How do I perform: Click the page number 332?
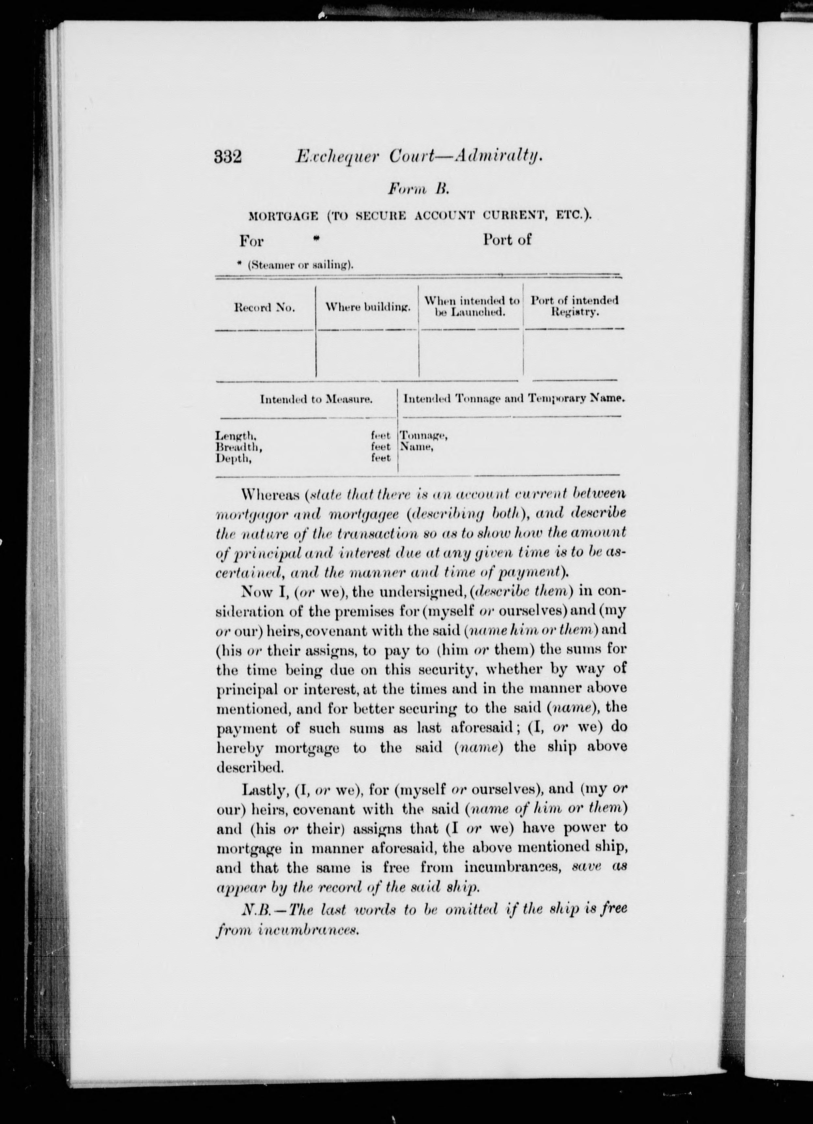pyautogui.click(x=228, y=157)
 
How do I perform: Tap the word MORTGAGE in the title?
pyautogui.click(x=283, y=216)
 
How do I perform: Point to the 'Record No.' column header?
pyautogui.click(x=264, y=308)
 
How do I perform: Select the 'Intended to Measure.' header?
pyautogui.click(x=316, y=399)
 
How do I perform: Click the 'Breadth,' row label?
pyautogui.click(x=238, y=447)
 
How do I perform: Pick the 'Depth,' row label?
pyautogui.click(x=233, y=458)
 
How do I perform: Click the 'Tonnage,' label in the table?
pyautogui.click(x=424, y=436)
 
